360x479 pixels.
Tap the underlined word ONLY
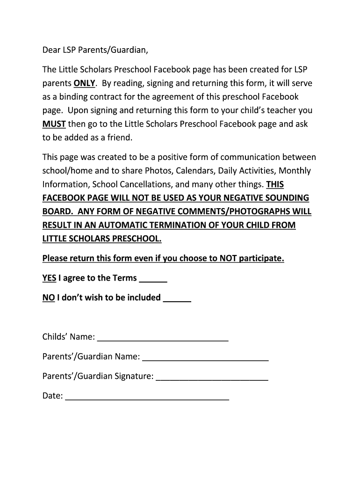pos(85,84)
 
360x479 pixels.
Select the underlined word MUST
pos(55,124)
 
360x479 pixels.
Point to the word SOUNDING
pos(284,198)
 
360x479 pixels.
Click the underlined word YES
pos(49,278)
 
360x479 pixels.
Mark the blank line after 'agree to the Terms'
pos(153,282)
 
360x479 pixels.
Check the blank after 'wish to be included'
pos(177,301)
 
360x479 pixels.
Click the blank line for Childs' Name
pos(163,341)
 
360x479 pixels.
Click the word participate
pos(261,259)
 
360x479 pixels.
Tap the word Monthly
pos(295,171)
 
